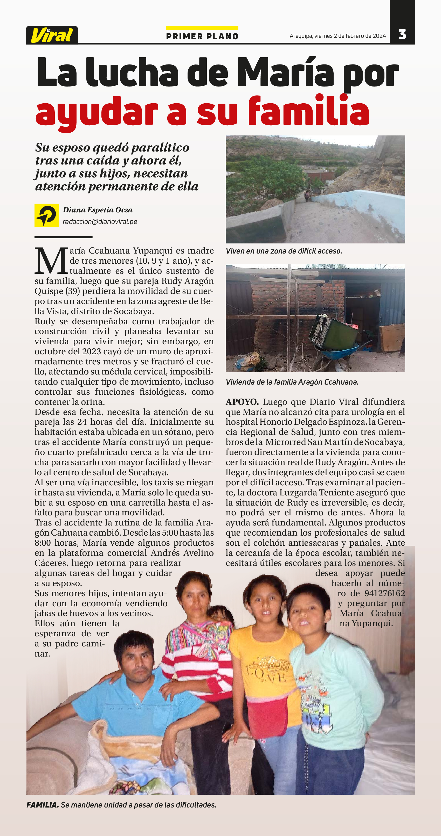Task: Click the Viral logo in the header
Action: [52, 35]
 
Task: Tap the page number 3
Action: [402, 34]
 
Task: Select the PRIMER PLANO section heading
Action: [202, 36]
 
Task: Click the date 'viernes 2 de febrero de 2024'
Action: [350, 36]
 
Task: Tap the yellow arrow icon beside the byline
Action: [46, 215]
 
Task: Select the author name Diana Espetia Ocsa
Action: [98, 210]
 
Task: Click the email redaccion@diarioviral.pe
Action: [100, 222]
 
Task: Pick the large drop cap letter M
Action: [51, 261]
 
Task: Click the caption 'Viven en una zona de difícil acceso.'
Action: [284, 251]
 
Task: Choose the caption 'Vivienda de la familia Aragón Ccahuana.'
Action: [292, 382]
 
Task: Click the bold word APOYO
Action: [242, 402]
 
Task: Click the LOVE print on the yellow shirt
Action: [266, 675]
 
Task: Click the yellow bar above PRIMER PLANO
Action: [202, 28]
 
